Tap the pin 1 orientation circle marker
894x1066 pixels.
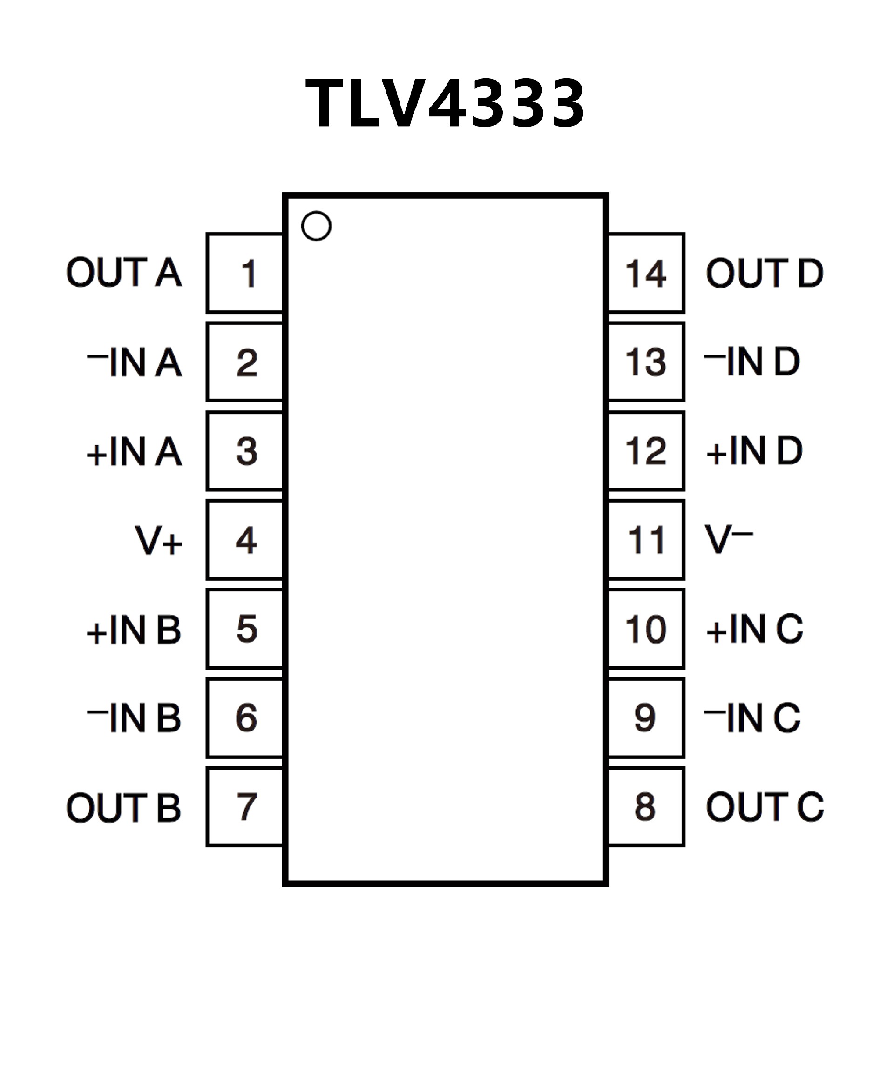point(316,226)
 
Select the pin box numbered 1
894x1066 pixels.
point(245,273)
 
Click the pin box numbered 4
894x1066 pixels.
point(245,540)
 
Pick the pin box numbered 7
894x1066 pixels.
point(245,807)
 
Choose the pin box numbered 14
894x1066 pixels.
point(646,273)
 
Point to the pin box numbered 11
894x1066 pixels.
point(646,540)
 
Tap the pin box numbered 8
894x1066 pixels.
point(646,807)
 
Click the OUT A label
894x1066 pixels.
point(124,273)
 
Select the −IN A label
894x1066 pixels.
point(135,362)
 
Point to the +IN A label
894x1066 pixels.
point(135,451)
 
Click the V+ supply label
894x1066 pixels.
point(158,540)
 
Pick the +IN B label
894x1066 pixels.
point(134,630)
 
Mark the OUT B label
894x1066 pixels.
point(124,807)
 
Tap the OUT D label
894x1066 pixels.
point(765,273)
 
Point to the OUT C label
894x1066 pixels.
point(765,807)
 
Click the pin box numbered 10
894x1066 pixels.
point(646,629)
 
